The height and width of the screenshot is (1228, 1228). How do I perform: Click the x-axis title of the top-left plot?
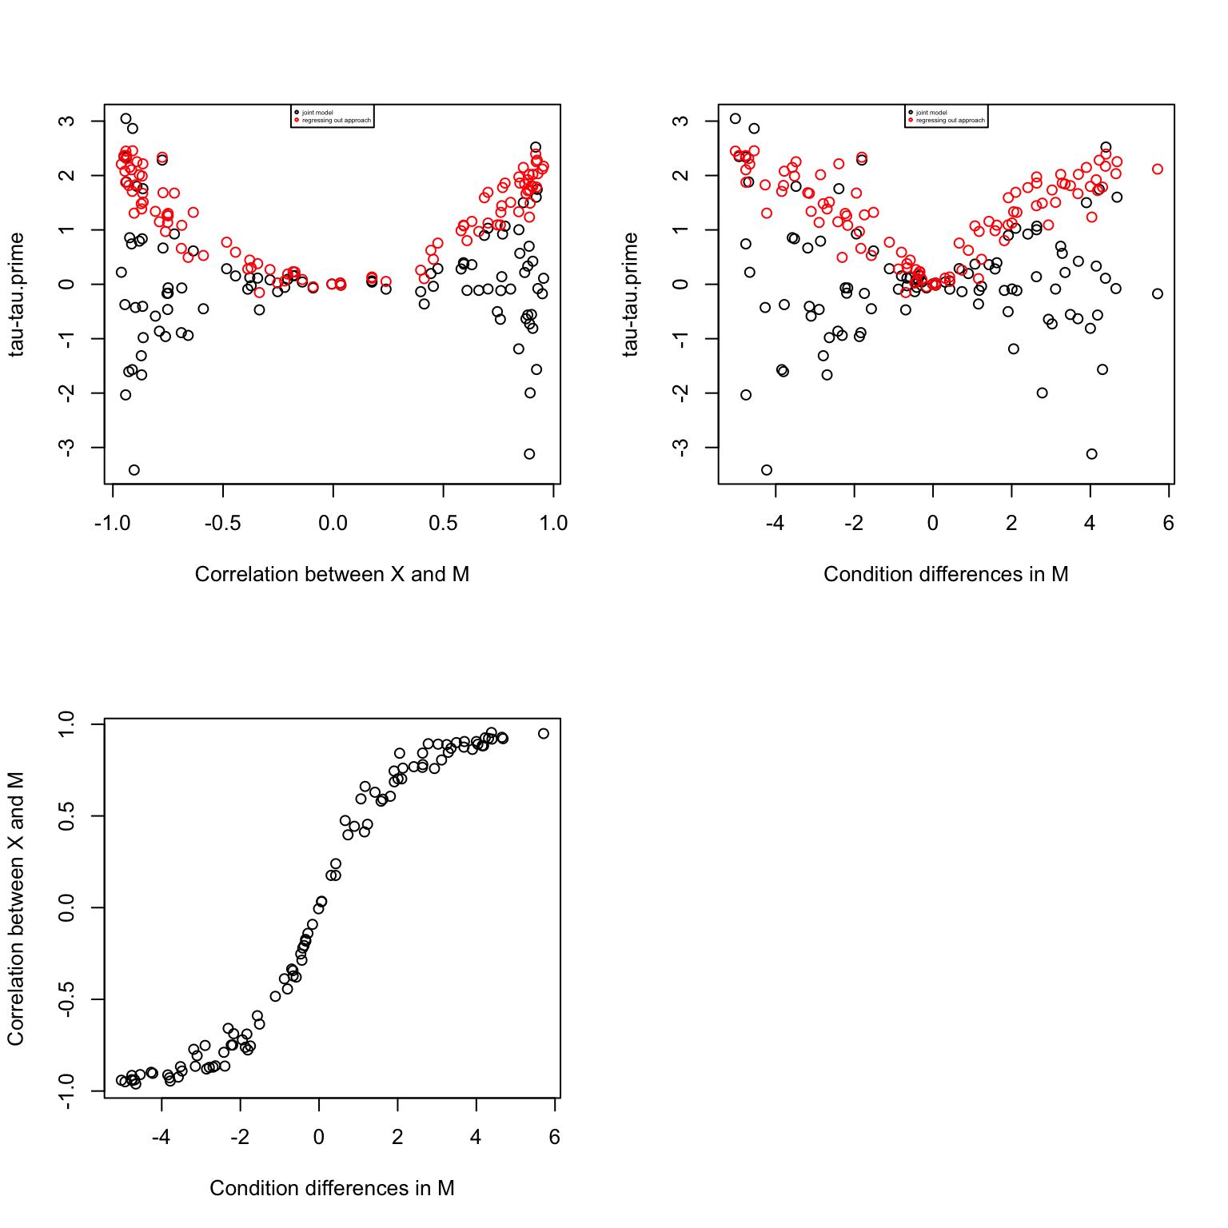point(332,574)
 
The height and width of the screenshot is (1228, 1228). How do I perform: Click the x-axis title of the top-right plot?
point(946,574)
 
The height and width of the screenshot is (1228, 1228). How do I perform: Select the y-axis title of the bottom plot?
point(16,908)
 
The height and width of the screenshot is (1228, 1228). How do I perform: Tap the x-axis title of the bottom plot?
point(332,1188)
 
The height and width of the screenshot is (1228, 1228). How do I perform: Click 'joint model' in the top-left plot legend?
point(317,113)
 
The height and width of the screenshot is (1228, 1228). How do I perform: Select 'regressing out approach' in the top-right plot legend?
point(951,121)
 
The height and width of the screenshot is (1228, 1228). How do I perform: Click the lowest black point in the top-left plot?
point(134,470)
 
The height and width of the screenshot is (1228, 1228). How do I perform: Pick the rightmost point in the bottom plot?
point(544,733)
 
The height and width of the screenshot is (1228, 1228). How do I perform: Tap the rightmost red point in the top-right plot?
point(1158,169)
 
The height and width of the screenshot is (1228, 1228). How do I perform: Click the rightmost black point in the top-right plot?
point(1158,293)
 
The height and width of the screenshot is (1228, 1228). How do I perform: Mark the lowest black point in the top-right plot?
point(767,470)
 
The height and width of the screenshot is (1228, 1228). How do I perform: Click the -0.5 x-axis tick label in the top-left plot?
point(222,524)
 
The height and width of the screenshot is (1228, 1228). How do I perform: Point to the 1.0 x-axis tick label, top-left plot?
point(553,524)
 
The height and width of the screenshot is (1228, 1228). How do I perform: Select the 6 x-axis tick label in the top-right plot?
point(1169,524)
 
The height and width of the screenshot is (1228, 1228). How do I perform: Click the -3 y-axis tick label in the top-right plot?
point(680,448)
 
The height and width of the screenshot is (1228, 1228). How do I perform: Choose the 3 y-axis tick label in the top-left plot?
point(66,121)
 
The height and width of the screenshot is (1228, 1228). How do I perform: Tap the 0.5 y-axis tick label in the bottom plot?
point(66,815)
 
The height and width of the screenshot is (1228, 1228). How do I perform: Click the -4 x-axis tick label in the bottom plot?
point(161,1138)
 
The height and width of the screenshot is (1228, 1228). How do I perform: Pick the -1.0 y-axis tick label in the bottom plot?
point(66,1091)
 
